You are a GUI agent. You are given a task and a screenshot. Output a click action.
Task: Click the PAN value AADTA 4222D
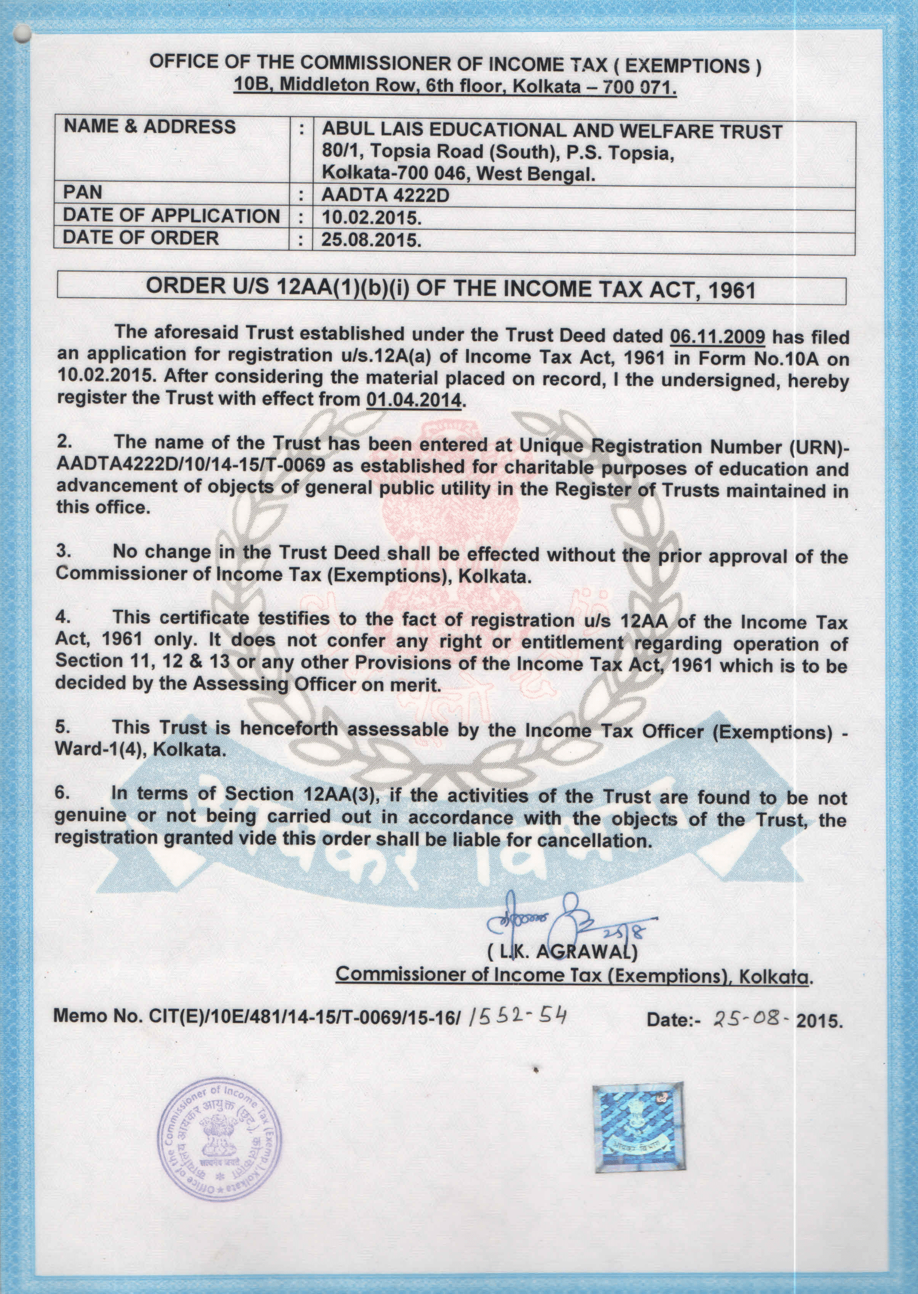pyautogui.click(x=385, y=195)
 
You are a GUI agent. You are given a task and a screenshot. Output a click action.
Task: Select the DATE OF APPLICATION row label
pyautogui.click(x=171, y=216)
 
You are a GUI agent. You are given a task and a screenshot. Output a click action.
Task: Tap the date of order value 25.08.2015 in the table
pyautogui.click(x=371, y=240)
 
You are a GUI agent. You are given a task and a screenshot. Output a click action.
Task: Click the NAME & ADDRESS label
pyautogui.click(x=149, y=127)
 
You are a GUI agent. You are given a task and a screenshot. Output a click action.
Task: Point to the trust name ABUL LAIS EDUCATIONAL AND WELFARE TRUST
pyautogui.click(x=552, y=132)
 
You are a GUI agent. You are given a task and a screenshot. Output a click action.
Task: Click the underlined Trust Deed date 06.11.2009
pyautogui.click(x=717, y=336)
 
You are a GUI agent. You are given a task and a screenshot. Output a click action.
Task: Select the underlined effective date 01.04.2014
pyautogui.click(x=413, y=399)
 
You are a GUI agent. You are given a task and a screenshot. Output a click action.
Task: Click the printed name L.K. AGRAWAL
pyautogui.click(x=562, y=952)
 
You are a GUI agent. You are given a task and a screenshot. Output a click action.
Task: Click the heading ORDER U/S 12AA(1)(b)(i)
pyautogui.click(x=451, y=287)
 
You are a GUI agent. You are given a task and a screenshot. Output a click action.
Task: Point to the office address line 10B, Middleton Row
pyautogui.click(x=455, y=86)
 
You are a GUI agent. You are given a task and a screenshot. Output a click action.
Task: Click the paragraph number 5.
pyautogui.click(x=63, y=727)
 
